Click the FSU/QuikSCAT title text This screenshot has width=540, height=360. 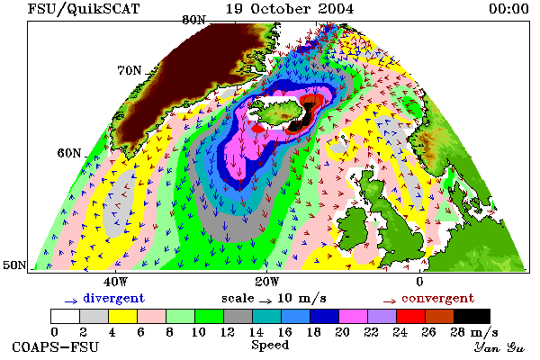click(84, 9)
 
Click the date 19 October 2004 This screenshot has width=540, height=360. click(290, 9)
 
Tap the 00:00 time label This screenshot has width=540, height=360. click(508, 9)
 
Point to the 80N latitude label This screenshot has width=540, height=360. click(193, 20)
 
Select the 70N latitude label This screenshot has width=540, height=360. click(130, 70)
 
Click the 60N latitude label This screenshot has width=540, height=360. click(69, 153)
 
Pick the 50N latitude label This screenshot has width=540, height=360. click(14, 265)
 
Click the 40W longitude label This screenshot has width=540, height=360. click(115, 282)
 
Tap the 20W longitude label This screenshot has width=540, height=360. click(267, 282)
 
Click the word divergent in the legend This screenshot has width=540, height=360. click(114, 299)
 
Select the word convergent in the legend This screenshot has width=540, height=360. click(438, 298)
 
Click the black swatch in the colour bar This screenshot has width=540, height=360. click(472, 316)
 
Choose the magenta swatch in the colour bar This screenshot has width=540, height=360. click(353, 316)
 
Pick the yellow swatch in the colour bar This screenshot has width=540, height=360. click(122, 316)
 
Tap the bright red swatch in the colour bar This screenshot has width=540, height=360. click(410, 316)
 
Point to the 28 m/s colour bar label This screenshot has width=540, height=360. click(474, 332)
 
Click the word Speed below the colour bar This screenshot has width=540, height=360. click(270, 345)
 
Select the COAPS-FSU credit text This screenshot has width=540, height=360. click(56, 346)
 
